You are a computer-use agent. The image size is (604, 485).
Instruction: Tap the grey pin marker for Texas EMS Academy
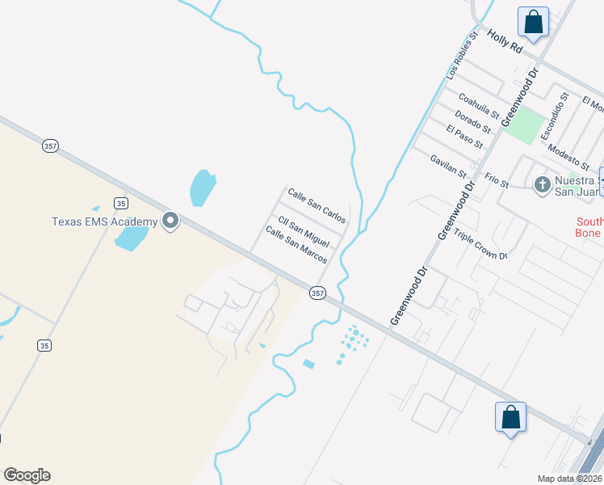(x=170, y=221)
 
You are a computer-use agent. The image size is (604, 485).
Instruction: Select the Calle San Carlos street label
(x=317, y=206)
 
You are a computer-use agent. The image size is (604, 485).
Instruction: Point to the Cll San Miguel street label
(x=304, y=232)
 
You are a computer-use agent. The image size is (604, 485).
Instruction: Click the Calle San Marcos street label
(x=296, y=245)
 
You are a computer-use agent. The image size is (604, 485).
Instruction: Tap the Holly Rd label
(x=505, y=41)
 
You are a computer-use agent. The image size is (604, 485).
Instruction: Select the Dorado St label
(x=472, y=121)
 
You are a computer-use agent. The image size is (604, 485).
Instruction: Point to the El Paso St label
(x=464, y=137)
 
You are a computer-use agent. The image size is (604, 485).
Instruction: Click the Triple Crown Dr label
(x=480, y=245)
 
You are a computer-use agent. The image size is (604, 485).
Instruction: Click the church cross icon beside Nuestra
(x=542, y=186)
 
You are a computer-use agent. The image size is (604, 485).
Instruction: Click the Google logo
(x=27, y=475)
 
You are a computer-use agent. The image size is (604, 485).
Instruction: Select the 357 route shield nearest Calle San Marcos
(x=317, y=293)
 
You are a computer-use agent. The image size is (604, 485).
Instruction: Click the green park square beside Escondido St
(x=526, y=124)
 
